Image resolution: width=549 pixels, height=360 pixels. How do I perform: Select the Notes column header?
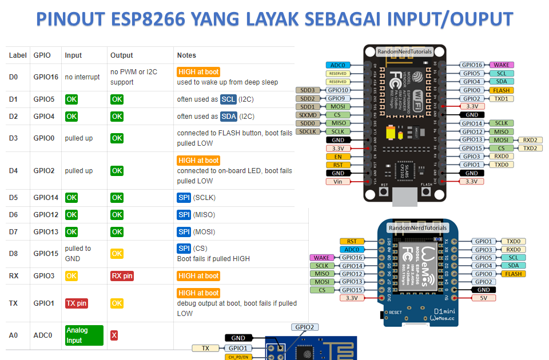[x=186, y=55]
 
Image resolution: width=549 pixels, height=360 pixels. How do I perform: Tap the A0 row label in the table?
[x=14, y=335]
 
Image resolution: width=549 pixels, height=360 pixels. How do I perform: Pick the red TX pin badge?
[x=76, y=303]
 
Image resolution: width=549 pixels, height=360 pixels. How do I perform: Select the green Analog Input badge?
[x=84, y=335]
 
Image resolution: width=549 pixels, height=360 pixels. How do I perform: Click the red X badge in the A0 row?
[x=114, y=335]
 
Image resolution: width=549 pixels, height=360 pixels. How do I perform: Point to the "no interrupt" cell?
[x=82, y=77]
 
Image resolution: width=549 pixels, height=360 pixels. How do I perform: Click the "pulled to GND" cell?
[x=78, y=254]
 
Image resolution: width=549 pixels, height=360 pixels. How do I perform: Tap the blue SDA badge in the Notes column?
[x=228, y=117]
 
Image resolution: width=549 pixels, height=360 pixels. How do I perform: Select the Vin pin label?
[x=338, y=182]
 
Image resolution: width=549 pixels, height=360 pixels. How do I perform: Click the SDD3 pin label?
[x=307, y=90]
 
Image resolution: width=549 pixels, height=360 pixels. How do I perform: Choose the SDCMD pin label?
[x=307, y=115]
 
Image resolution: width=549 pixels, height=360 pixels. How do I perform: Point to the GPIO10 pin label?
[x=338, y=90]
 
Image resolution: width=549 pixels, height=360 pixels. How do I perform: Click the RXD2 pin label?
[x=529, y=140]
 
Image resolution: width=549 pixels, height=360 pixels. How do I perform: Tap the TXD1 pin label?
[x=501, y=98]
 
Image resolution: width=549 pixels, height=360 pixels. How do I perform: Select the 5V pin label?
[x=483, y=298]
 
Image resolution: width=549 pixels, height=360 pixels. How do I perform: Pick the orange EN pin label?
[x=338, y=157]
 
